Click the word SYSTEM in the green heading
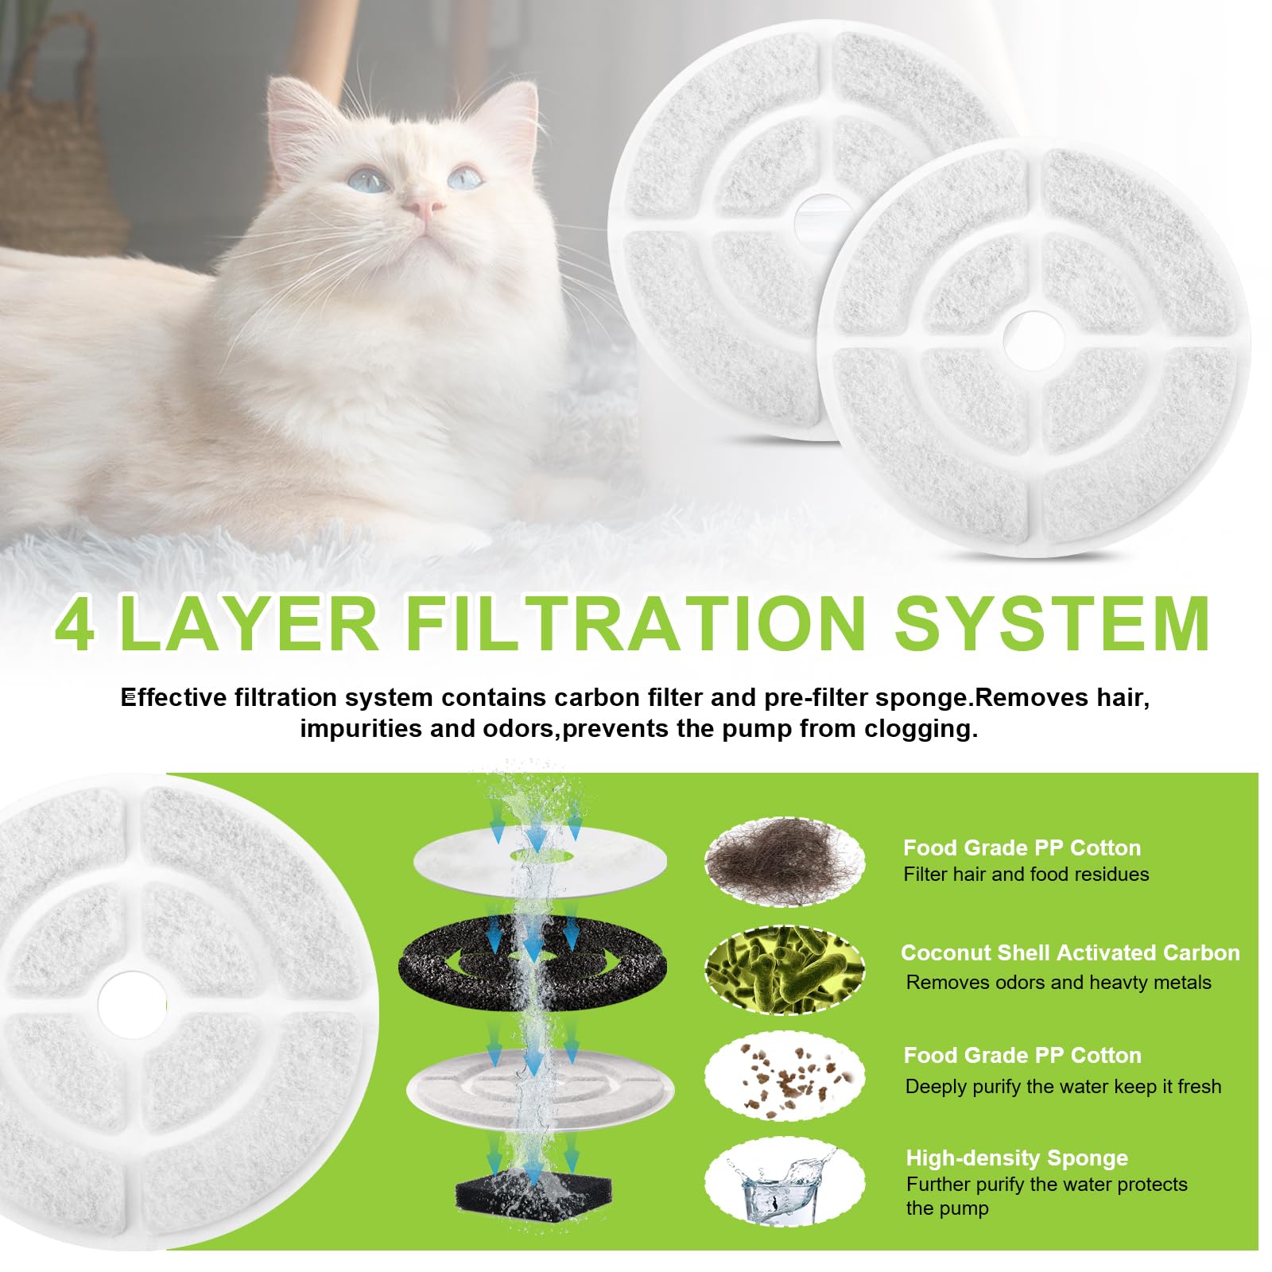(1052, 625)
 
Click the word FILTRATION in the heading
(634, 625)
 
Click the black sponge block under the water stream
(523, 1196)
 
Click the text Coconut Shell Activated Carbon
(1069, 952)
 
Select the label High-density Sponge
(1016, 1158)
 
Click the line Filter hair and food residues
(1026, 874)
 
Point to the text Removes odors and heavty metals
(1057, 983)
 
